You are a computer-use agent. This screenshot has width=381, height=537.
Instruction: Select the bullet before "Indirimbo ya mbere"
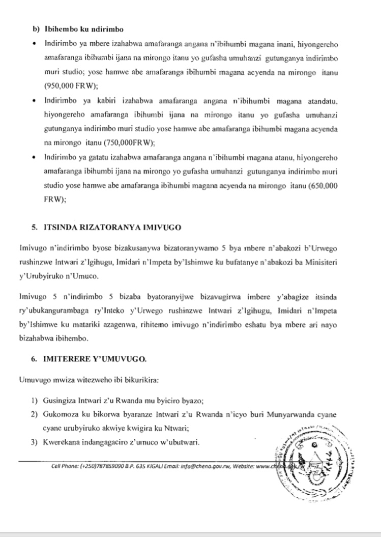point(33,44)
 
